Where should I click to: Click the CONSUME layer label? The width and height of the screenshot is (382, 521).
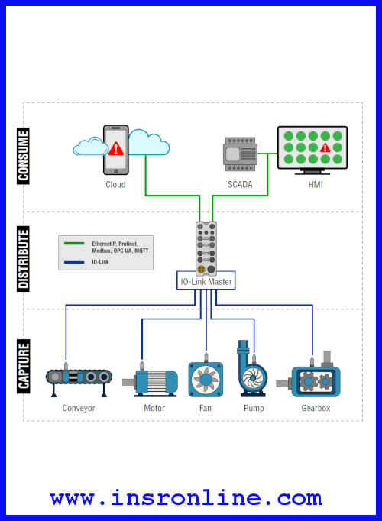point(23,156)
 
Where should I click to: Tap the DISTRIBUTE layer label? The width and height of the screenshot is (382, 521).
point(23,259)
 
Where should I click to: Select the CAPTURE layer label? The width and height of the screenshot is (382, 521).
point(23,366)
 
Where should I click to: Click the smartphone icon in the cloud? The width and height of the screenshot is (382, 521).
point(116,150)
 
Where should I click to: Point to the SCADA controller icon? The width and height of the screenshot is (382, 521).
point(240,154)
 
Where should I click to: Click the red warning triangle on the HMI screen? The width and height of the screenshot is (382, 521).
point(325,147)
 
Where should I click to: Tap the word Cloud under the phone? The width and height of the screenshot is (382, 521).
point(115,184)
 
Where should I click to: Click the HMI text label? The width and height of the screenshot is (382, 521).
point(316,184)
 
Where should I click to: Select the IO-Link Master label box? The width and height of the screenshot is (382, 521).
point(206,281)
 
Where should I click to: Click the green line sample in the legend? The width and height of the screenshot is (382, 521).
point(74,244)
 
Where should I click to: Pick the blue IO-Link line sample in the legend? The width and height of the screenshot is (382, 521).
point(74,263)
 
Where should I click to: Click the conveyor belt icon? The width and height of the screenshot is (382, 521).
point(79,380)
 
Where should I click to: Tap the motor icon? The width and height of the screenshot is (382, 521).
point(151,380)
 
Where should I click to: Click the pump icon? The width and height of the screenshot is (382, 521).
point(252,368)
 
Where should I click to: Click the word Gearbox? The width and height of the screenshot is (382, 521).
point(316,408)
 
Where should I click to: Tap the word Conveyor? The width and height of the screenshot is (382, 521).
point(79,408)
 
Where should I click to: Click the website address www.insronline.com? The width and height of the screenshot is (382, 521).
point(186,498)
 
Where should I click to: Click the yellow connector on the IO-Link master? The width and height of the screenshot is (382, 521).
point(201,269)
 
